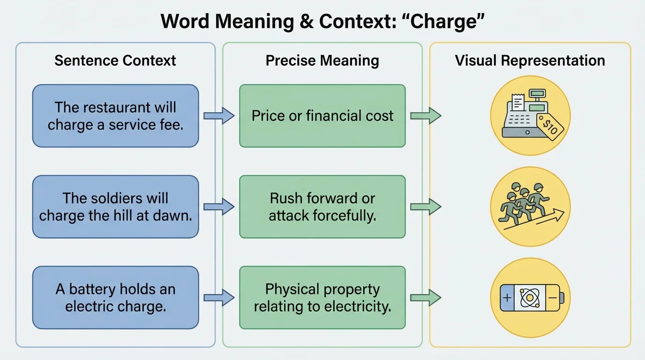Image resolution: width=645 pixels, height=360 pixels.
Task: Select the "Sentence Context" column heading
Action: click(115, 60)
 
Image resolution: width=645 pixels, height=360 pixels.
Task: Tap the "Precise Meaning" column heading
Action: click(322, 60)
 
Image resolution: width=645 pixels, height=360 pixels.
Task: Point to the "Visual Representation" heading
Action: click(530, 60)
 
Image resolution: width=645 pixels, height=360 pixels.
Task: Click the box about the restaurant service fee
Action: click(115, 116)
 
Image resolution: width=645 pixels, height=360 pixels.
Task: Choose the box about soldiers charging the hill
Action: click(115, 207)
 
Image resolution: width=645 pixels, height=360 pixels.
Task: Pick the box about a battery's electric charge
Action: click(115, 298)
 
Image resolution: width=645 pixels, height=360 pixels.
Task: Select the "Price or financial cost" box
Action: click(322, 116)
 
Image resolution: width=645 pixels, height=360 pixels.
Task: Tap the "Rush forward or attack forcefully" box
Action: click(322, 207)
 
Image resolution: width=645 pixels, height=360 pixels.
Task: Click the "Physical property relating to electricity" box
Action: click(322, 298)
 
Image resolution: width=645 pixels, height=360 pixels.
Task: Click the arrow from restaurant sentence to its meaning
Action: click(219, 116)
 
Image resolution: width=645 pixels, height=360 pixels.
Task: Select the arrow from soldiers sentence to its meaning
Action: click(219, 207)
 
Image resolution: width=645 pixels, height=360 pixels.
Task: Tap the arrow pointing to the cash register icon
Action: click(426, 116)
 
